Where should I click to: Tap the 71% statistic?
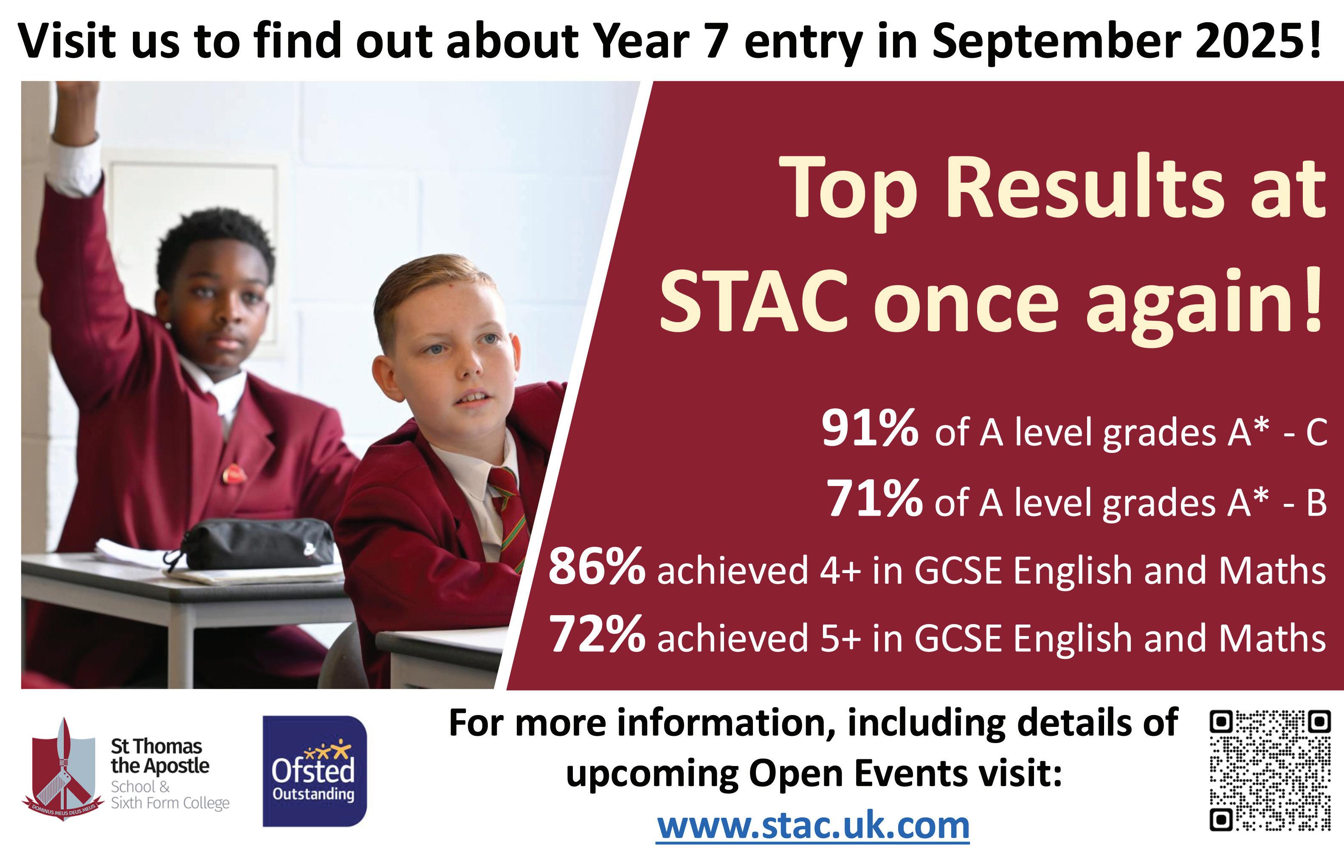pos(874,498)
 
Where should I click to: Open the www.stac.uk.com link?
pos(813,825)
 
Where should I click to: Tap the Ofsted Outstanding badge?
pos(315,771)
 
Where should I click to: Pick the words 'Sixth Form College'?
pos(170,803)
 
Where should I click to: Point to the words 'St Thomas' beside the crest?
pos(156,746)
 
